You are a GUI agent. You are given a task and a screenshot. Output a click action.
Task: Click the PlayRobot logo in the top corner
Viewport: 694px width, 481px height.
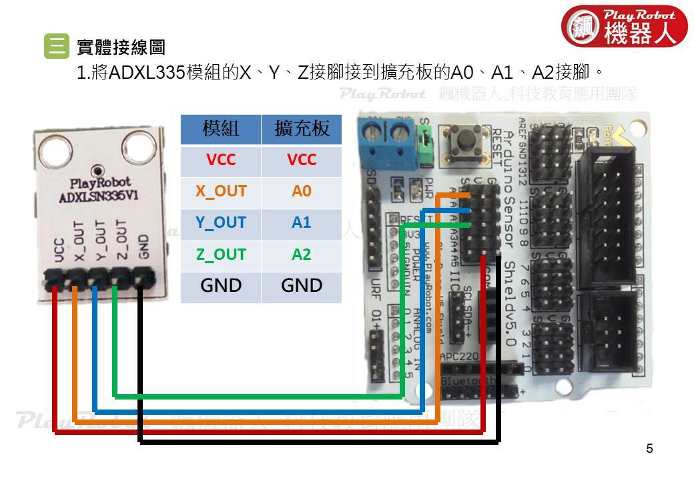625,27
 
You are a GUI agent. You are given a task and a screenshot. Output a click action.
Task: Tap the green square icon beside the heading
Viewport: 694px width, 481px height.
55,46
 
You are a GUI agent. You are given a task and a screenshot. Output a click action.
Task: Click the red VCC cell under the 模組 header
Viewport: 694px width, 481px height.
221,160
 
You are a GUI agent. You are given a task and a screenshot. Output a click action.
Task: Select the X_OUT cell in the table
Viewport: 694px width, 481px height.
221,192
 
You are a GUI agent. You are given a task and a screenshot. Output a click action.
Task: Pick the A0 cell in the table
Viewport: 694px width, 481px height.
302,192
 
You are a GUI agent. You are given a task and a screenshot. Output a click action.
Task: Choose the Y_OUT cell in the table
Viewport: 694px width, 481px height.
221,222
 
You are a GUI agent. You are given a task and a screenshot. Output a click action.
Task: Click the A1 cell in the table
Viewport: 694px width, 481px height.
302,222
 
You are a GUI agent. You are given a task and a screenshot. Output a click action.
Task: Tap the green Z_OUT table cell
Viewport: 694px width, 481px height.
221,255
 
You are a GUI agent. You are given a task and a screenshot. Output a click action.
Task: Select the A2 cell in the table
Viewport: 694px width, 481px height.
302,255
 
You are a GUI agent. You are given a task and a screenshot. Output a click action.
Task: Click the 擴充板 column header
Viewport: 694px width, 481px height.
302,129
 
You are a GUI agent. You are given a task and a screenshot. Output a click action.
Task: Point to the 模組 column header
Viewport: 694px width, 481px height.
221,129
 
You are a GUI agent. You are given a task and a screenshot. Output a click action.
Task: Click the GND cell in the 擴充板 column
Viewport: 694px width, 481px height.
302,286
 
